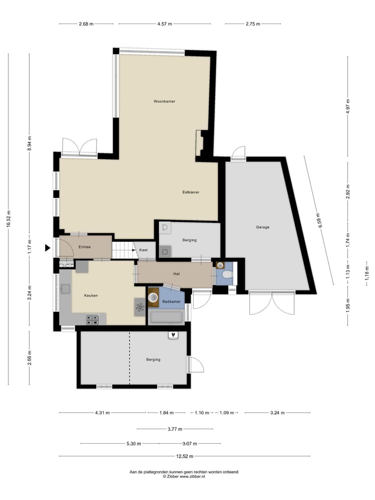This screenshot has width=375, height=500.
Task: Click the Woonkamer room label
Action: click(x=164, y=101)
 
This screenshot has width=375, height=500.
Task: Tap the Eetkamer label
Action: click(x=191, y=192)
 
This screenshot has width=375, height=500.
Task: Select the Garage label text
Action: click(x=262, y=227)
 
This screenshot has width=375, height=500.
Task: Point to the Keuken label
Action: click(x=91, y=295)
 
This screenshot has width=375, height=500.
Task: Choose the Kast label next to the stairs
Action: click(x=143, y=250)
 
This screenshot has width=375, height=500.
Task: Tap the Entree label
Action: click(x=85, y=247)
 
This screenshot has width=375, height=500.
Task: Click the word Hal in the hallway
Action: click(x=176, y=273)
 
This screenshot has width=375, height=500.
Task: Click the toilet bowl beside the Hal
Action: click(x=227, y=275)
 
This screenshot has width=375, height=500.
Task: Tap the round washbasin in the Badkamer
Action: click(x=153, y=297)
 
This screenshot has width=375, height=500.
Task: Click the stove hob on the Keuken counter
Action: click(x=92, y=319)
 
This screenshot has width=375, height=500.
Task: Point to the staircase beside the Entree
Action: click(x=123, y=250)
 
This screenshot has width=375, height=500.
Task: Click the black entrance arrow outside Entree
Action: click(x=48, y=248)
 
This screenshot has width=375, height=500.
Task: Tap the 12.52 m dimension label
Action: click(x=184, y=456)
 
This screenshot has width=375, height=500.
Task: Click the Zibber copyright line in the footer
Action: click(x=184, y=476)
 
